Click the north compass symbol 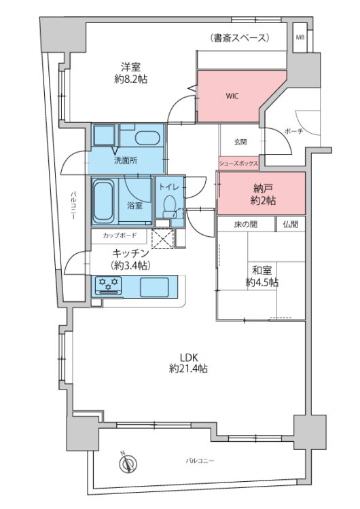(x=126, y=464)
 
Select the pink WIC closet (x=231, y=96)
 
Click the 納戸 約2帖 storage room (x=262, y=195)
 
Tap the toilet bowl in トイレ (x=170, y=203)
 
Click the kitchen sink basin (x=156, y=286)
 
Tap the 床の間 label (x=246, y=224)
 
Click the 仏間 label (x=291, y=224)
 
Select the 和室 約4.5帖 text (x=262, y=277)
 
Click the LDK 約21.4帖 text (x=188, y=364)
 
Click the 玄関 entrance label (x=240, y=142)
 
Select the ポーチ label (x=293, y=130)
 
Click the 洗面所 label (x=125, y=161)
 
